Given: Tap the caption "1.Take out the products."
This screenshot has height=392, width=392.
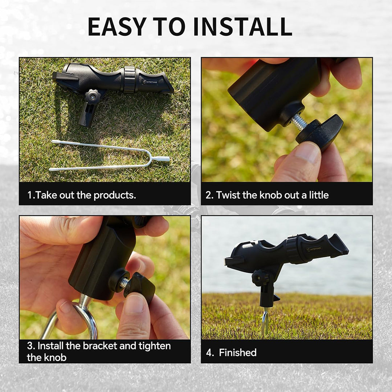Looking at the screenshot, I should point(82,195).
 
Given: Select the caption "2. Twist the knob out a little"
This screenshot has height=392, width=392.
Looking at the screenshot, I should point(267,195).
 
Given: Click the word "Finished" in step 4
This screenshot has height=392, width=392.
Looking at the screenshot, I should point(238,352).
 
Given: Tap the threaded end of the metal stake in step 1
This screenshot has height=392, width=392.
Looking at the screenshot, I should point(160,159).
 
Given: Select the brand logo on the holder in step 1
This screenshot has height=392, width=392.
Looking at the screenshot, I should point(150,82).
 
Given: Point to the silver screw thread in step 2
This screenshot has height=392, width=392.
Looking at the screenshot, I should point(299,122).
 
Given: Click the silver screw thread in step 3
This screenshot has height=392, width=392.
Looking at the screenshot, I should point(125,282).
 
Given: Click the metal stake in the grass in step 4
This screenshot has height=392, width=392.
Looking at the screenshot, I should point(265,321).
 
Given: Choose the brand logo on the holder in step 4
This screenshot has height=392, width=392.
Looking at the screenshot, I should point(314,249).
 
